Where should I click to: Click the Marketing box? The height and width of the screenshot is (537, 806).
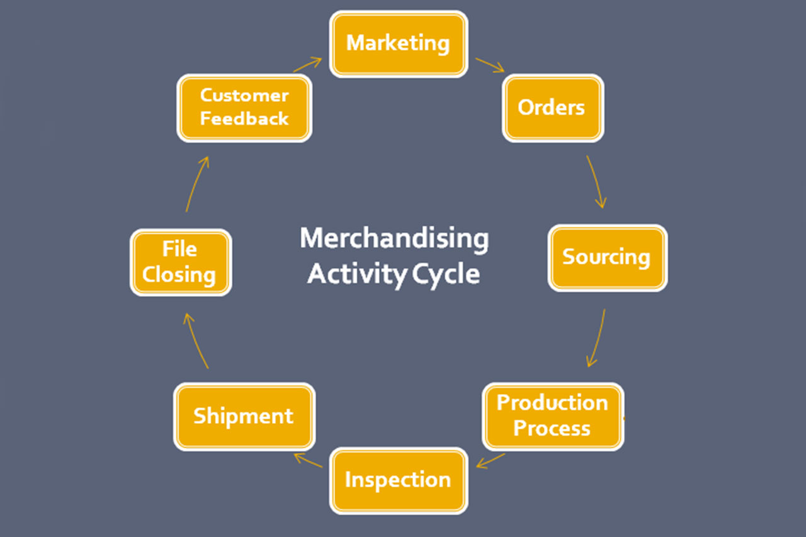coord(398,43)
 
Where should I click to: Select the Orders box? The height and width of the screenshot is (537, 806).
coord(552,108)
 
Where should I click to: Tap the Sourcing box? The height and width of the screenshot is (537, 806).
coord(606,257)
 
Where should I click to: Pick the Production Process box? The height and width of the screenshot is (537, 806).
coord(552,415)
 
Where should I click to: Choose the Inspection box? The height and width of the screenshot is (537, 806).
coord(398,480)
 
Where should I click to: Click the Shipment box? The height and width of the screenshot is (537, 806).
coord(244,416)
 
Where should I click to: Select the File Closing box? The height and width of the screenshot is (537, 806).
coord(180,262)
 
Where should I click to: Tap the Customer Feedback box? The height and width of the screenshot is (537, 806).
coord(244,108)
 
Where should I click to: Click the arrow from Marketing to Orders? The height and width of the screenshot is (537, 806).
coord(489,65)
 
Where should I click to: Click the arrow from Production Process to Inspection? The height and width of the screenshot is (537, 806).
coord(491,460)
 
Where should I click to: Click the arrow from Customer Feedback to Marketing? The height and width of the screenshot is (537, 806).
coord(307,64)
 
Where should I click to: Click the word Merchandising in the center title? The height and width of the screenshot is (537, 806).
coord(394,239)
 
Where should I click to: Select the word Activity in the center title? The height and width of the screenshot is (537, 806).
coord(357,274)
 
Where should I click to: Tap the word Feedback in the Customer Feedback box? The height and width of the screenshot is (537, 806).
coord(244,118)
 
